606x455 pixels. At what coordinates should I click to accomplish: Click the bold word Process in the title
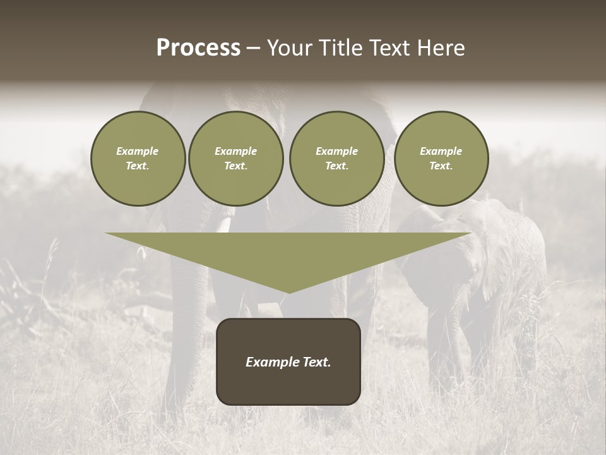tap(198, 48)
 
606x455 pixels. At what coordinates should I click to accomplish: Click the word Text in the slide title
tap(391, 48)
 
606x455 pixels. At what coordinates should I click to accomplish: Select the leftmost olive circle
tap(138, 159)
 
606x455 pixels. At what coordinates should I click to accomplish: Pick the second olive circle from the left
tap(236, 159)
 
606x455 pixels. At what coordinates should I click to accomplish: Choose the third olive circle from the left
tap(337, 159)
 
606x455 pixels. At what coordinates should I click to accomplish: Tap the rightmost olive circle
tap(441, 159)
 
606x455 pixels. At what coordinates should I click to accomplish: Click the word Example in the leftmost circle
tap(138, 151)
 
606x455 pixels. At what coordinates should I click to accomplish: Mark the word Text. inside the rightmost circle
tap(441, 166)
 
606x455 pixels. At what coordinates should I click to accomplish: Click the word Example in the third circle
tap(336, 151)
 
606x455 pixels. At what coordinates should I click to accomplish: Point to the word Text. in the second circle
tap(235, 166)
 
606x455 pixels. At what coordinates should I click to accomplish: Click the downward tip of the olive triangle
tap(288, 291)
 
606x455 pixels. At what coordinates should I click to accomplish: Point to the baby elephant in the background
tap(480, 265)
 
